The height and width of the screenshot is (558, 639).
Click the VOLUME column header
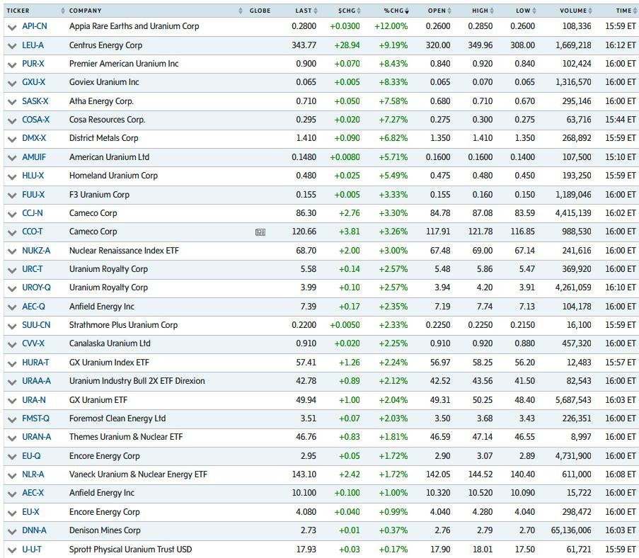(573, 11)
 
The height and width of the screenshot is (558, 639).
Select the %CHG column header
(393, 11)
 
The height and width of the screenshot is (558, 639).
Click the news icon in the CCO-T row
(260, 232)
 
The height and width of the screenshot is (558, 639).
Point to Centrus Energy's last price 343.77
(304, 45)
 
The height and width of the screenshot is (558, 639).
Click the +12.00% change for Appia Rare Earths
(391, 26)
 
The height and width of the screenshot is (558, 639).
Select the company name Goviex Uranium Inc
(104, 82)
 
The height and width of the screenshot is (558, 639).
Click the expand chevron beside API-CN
(12, 28)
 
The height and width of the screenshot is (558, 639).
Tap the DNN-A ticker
(34, 530)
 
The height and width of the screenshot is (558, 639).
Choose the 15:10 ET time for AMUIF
(621, 157)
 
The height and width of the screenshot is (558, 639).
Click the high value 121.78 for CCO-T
(480, 232)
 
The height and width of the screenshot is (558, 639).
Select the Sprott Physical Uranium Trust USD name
(130, 550)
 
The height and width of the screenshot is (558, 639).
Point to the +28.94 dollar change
(347, 45)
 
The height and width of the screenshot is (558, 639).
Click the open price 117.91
(438, 232)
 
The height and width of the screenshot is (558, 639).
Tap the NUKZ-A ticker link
(36, 251)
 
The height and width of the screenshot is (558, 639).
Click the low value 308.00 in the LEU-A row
(523, 45)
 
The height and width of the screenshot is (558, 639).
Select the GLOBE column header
(260, 11)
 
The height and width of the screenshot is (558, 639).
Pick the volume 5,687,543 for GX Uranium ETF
(573, 400)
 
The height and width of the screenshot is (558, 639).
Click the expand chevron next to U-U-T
(12, 551)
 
